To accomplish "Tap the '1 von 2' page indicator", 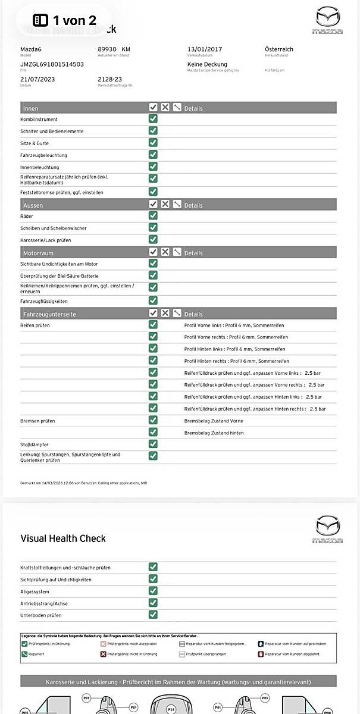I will pyautogui.click(x=65, y=20).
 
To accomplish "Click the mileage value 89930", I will pyautogui.click(x=108, y=49).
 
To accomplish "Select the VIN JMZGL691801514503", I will pyautogui.click(x=52, y=64).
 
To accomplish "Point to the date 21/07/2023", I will pyautogui.click(x=37, y=79).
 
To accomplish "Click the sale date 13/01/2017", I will pyautogui.click(x=205, y=49).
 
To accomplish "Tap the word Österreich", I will pyautogui.click(x=279, y=49).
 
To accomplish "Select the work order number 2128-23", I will pyautogui.click(x=109, y=79).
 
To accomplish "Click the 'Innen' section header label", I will pyautogui.click(x=30, y=108).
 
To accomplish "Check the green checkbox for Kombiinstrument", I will pyautogui.click(x=153, y=119).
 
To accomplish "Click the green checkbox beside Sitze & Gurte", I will pyautogui.click(x=153, y=143).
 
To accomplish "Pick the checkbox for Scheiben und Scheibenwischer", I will pyautogui.click(x=153, y=227).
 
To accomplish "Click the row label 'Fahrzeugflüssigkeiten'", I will pyautogui.click(x=44, y=301).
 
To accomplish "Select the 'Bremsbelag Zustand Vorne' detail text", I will pyautogui.click(x=214, y=421).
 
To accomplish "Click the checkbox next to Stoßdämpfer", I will pyautogui.click(x=153, y=444).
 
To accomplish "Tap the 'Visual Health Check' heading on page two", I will pyautogui.click(x=63, y=538).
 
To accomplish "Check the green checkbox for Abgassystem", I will pyautogui.click(x=153, y=591).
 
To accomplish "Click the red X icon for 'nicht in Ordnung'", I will pyautogui.click(x=103, y=654).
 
